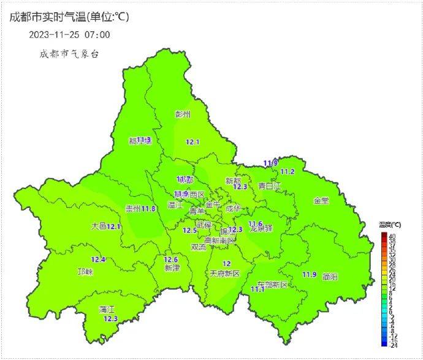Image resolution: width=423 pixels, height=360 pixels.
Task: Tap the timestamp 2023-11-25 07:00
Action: click(69, 35)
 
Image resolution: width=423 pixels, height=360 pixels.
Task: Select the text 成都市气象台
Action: click(69, 54)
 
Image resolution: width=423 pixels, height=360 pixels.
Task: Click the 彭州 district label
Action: click(183, 115)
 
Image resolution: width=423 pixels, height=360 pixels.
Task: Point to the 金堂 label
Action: click(321, 201)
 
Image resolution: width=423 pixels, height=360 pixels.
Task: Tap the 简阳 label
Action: click(329, 277)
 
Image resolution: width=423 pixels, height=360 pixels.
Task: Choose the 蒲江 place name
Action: click(107, 310)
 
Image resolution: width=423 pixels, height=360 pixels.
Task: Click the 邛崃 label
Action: click(85, 272)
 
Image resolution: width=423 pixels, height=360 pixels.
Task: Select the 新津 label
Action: click(172, 268)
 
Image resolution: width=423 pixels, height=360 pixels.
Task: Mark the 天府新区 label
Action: click(224, 273)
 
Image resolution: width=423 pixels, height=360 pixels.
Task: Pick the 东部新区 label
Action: click(272, 285)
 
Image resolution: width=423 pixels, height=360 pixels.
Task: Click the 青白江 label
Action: click(269, 185)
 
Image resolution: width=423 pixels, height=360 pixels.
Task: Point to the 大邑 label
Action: click(99, 226)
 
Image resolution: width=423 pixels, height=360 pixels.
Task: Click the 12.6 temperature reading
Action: click(171, 259)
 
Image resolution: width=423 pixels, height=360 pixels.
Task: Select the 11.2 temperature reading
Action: click(288, 172)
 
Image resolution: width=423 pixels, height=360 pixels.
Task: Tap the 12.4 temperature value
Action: click(99, 259)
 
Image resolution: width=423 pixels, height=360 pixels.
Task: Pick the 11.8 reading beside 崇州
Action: click(149, 209)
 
